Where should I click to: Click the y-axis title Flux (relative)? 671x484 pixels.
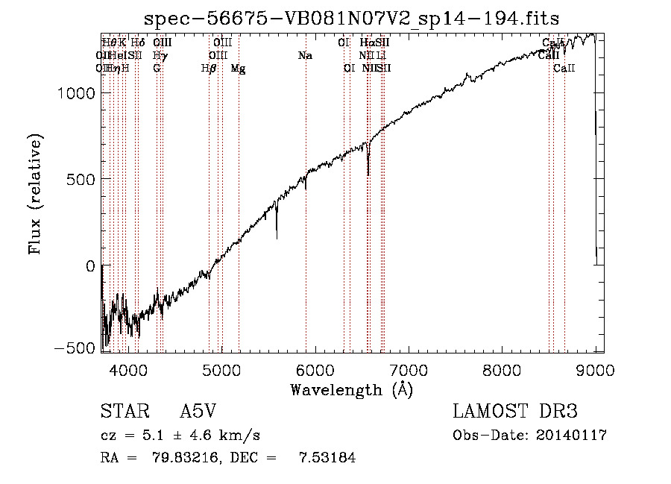click(36, 194)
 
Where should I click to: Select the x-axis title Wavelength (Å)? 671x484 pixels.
click(351, 389)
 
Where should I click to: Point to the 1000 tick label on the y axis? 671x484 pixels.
click(77, 92)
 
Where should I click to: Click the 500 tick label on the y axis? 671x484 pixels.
click(81, 179)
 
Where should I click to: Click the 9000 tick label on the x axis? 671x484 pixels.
click(595, 369)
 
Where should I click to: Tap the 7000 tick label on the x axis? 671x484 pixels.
click(409, 369)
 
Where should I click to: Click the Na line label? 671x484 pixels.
click(304, 55)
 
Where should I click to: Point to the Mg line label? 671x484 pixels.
click(239, 69)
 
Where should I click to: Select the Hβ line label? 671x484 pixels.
click(209, 69)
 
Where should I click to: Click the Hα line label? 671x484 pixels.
click(366, 43)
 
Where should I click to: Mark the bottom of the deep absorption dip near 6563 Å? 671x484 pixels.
click(368, 175)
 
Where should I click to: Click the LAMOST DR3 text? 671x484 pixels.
click(515, 412)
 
